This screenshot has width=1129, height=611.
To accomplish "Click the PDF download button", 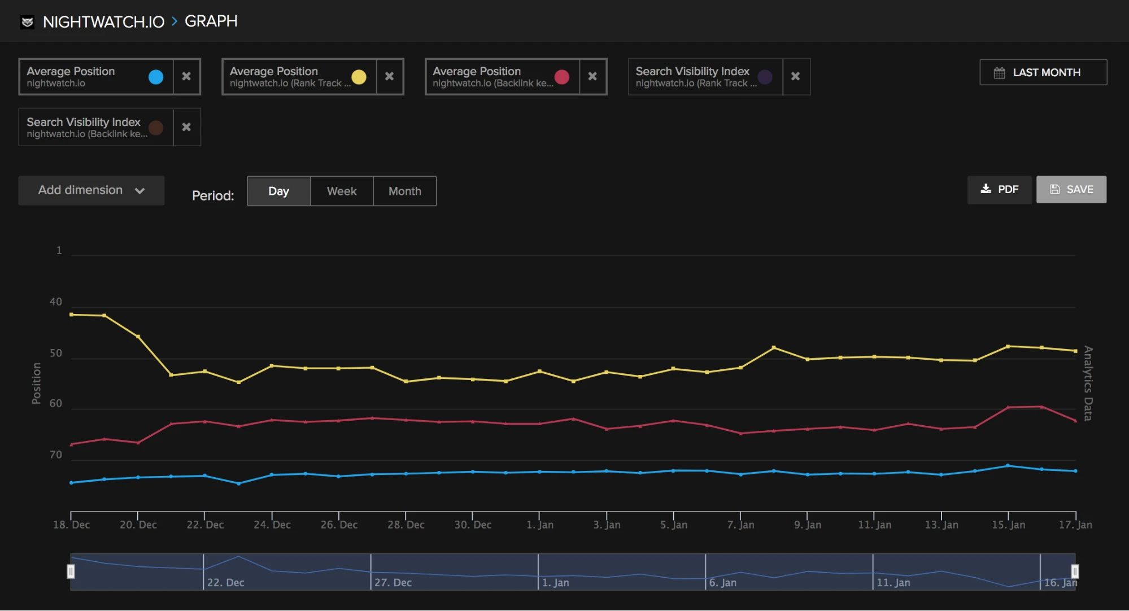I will (999, 190).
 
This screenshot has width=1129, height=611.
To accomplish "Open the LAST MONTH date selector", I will (1043, 72).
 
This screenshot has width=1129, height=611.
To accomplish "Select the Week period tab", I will (341, 191).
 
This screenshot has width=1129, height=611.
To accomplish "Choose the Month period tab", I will (404, 191).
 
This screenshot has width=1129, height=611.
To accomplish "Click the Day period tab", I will (278, 191).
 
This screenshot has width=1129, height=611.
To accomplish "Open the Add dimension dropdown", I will (91, 190).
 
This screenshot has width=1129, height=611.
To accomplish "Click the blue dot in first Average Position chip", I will (156, 77).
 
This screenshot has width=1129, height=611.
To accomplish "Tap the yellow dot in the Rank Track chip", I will (359, 77).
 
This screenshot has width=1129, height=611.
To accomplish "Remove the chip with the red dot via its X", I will (592, 76).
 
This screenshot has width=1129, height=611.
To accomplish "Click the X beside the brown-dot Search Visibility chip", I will (186, 127).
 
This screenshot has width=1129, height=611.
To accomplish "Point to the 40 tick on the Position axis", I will (55, 302).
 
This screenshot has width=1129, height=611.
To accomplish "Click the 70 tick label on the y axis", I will (55, 455).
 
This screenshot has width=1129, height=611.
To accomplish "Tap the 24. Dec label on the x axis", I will (272, 525).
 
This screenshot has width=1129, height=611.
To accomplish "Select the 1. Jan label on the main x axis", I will (540, 525).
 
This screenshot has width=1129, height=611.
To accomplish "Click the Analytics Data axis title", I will (1088, 383).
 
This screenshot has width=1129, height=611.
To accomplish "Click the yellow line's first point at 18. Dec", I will (71, 315).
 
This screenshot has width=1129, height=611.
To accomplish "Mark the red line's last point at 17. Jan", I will (1075, 421).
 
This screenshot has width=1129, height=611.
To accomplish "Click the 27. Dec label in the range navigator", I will (393, 583).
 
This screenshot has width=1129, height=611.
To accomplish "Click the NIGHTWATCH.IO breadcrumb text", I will (103, 22).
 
